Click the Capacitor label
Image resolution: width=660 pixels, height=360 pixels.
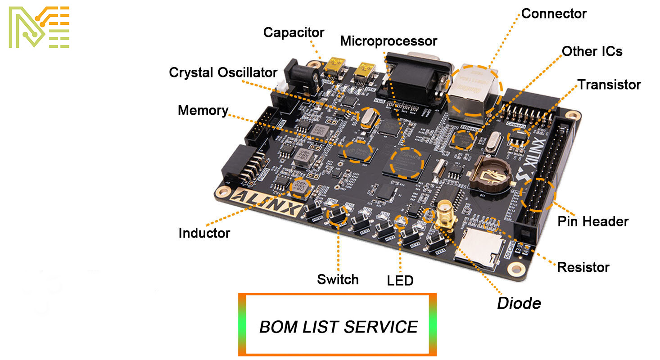pyautogui.click(x=294, y=32)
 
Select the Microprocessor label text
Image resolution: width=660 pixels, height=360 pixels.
pyautogui.click(x=388, y=41)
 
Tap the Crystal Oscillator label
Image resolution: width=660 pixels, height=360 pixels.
pyautogui.click(x=223, y=72)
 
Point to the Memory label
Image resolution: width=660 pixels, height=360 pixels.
pyautogui.click(x=203, y=110)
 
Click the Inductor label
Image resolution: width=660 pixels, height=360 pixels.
pyautogui.click(x=204, y=233)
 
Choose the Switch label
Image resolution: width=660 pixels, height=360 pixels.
pyautogui.click(x=338, y=279)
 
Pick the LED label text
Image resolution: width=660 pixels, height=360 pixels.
pyautogui.click(x=400, y=281)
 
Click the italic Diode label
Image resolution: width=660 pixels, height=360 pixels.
pyautogui.click(x=519, y=303)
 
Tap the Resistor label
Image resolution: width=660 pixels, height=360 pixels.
pyautogui.click(x=583, y=267)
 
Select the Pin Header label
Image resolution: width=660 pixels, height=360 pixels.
pyautogui.click(x=592, y=221)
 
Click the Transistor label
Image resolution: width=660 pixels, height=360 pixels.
pyautogui.click(x=609, y=85)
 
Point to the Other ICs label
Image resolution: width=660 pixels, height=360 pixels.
pyautogui.click(x=592, y=51)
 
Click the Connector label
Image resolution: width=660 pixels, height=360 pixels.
pyautogui.click(x=553, y=13)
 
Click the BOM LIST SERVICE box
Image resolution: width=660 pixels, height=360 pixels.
pyautogui.click(x=337, y=325)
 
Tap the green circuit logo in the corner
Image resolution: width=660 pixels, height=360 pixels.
pyautogui.click(x=39, y=27)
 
